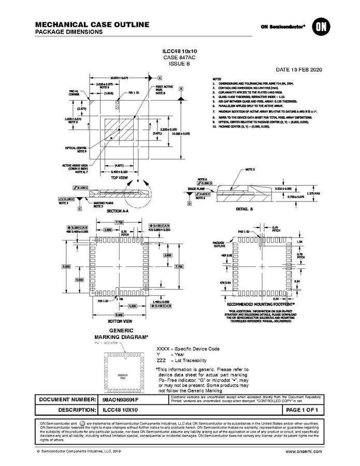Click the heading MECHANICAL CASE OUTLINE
[x=92, y=24]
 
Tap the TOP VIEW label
[x=120, y=177]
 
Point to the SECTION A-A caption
[x=118, y=211]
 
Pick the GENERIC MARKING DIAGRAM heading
[x=121, y=333]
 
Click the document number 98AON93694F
[x=121, y=400]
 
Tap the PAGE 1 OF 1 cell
[x=305, y=410]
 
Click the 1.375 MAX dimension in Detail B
[x=313, y=193]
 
